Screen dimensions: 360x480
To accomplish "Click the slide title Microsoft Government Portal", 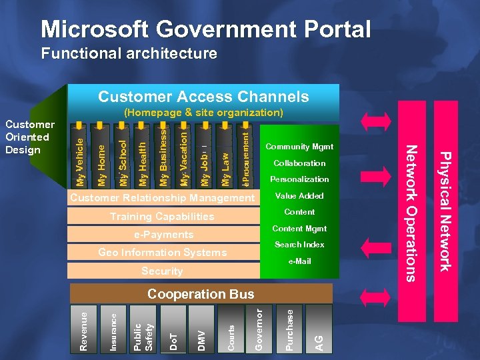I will pyautogui.click(x=205, y=29).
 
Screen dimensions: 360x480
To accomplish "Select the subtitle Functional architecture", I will pyautogui.click(x=129, y=53).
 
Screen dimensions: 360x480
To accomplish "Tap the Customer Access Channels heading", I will pyautogui.click(x=203, y=97).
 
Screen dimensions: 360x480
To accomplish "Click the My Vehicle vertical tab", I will pyautogui.click(x=81, y=161).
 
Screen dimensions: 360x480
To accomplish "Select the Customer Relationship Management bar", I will pyautogui.click(x=163, y=198).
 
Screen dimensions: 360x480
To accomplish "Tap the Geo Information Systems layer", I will pyautogui.click(x=163, y=253).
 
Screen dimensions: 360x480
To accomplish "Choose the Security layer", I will pyautogui.click(x=162, y=271).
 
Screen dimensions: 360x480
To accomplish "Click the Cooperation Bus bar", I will pyautogui.click(x=201, y=293).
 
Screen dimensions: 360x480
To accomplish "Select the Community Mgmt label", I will pyautogui.click(x=299, y=147).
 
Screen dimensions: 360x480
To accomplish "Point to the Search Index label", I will pyautogui.click(x=299, y=245).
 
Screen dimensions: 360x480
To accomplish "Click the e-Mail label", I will pyautogui.click(x=299, y=261).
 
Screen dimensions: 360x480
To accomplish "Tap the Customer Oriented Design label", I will pyautogui.click(x=29, y=137).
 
